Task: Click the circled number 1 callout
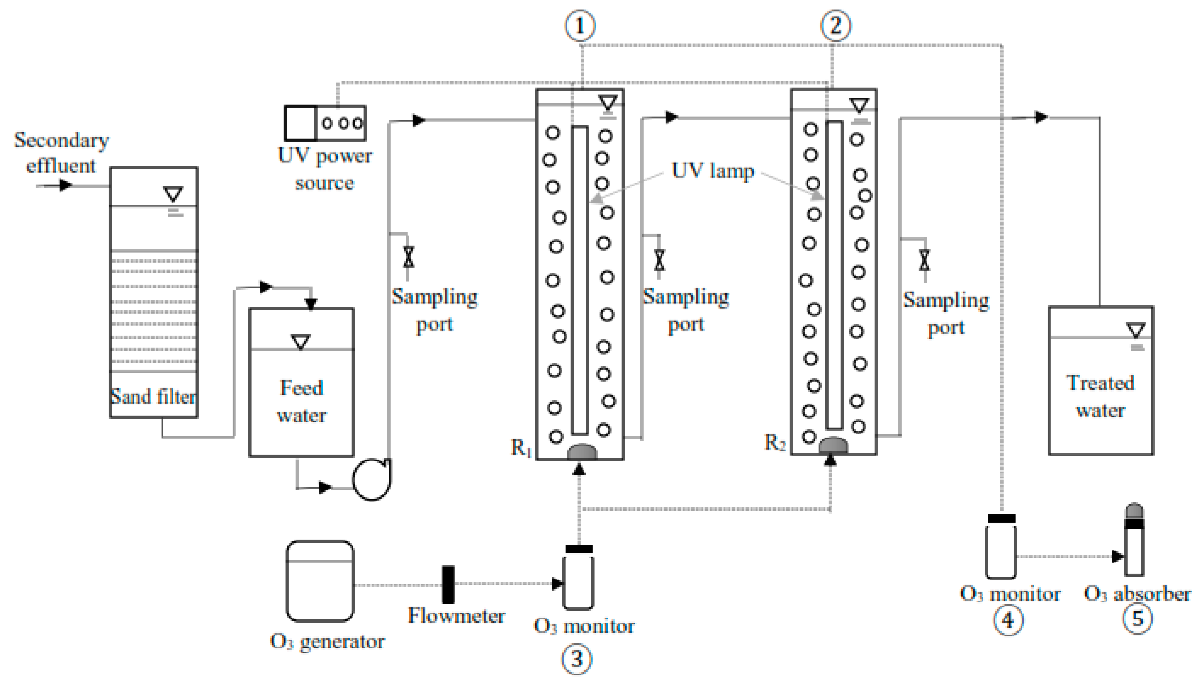580,26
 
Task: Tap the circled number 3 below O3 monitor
576,659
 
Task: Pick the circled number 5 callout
1137,618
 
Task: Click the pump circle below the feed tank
371,479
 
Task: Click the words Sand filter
153,396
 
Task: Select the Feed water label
301,402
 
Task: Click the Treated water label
1100,396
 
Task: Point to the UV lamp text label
712,171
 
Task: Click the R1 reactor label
521,447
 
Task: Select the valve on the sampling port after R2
924,260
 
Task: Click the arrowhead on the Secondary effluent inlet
65,185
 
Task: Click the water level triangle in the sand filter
173,193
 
